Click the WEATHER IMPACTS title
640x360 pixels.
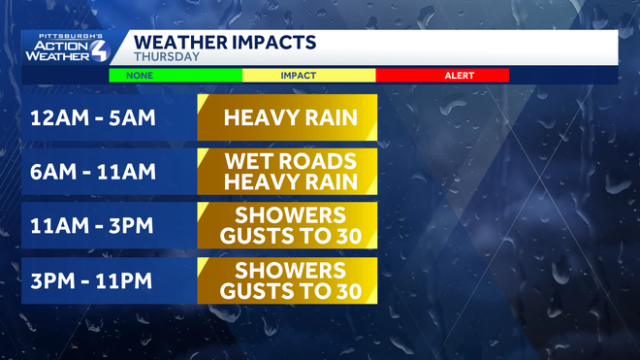pos(224,42)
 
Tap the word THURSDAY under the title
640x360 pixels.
pos(166,57)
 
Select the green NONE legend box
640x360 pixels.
pos(175,75)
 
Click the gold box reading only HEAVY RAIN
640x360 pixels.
pos(287,119)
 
